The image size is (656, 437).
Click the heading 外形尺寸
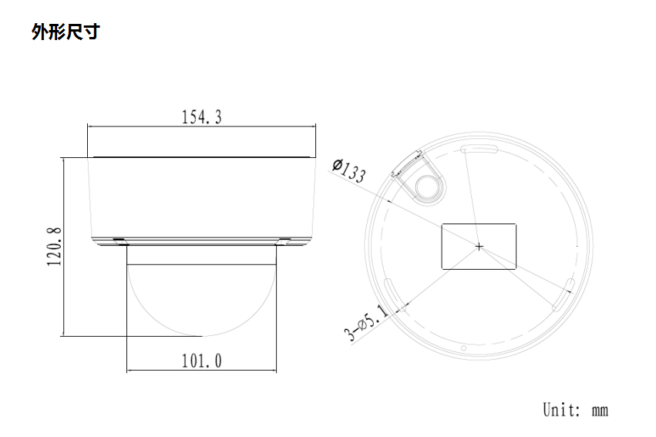pyautogui.click(x=65, y=32)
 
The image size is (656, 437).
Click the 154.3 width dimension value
pyautogui.click(x=201, y=117)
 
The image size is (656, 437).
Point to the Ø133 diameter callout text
pyautogui.click(x=348, y=170)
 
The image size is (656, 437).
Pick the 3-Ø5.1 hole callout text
pyautogui.click(x=366, y=322)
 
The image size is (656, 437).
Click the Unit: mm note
pyautogui.click(x=575, y=408)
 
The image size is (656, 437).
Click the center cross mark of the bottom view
pyautogui.click(x=479, y=247)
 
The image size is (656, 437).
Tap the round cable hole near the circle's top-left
pyautogui.click(x=426, y=186)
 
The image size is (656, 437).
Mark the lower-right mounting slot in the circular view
pyautogui.click(x=566, y=296)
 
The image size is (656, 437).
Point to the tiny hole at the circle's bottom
pyautogui.click(x=463, y=348)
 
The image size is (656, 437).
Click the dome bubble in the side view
pyautogui.click(x=201, y=297)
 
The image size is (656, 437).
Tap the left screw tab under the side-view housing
pyautogui.click(x=119, y=240)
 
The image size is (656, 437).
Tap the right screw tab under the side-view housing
pyautogui.click(x=284, y=240)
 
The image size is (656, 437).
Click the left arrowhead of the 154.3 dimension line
pyautogui.click(x=90, y=126)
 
